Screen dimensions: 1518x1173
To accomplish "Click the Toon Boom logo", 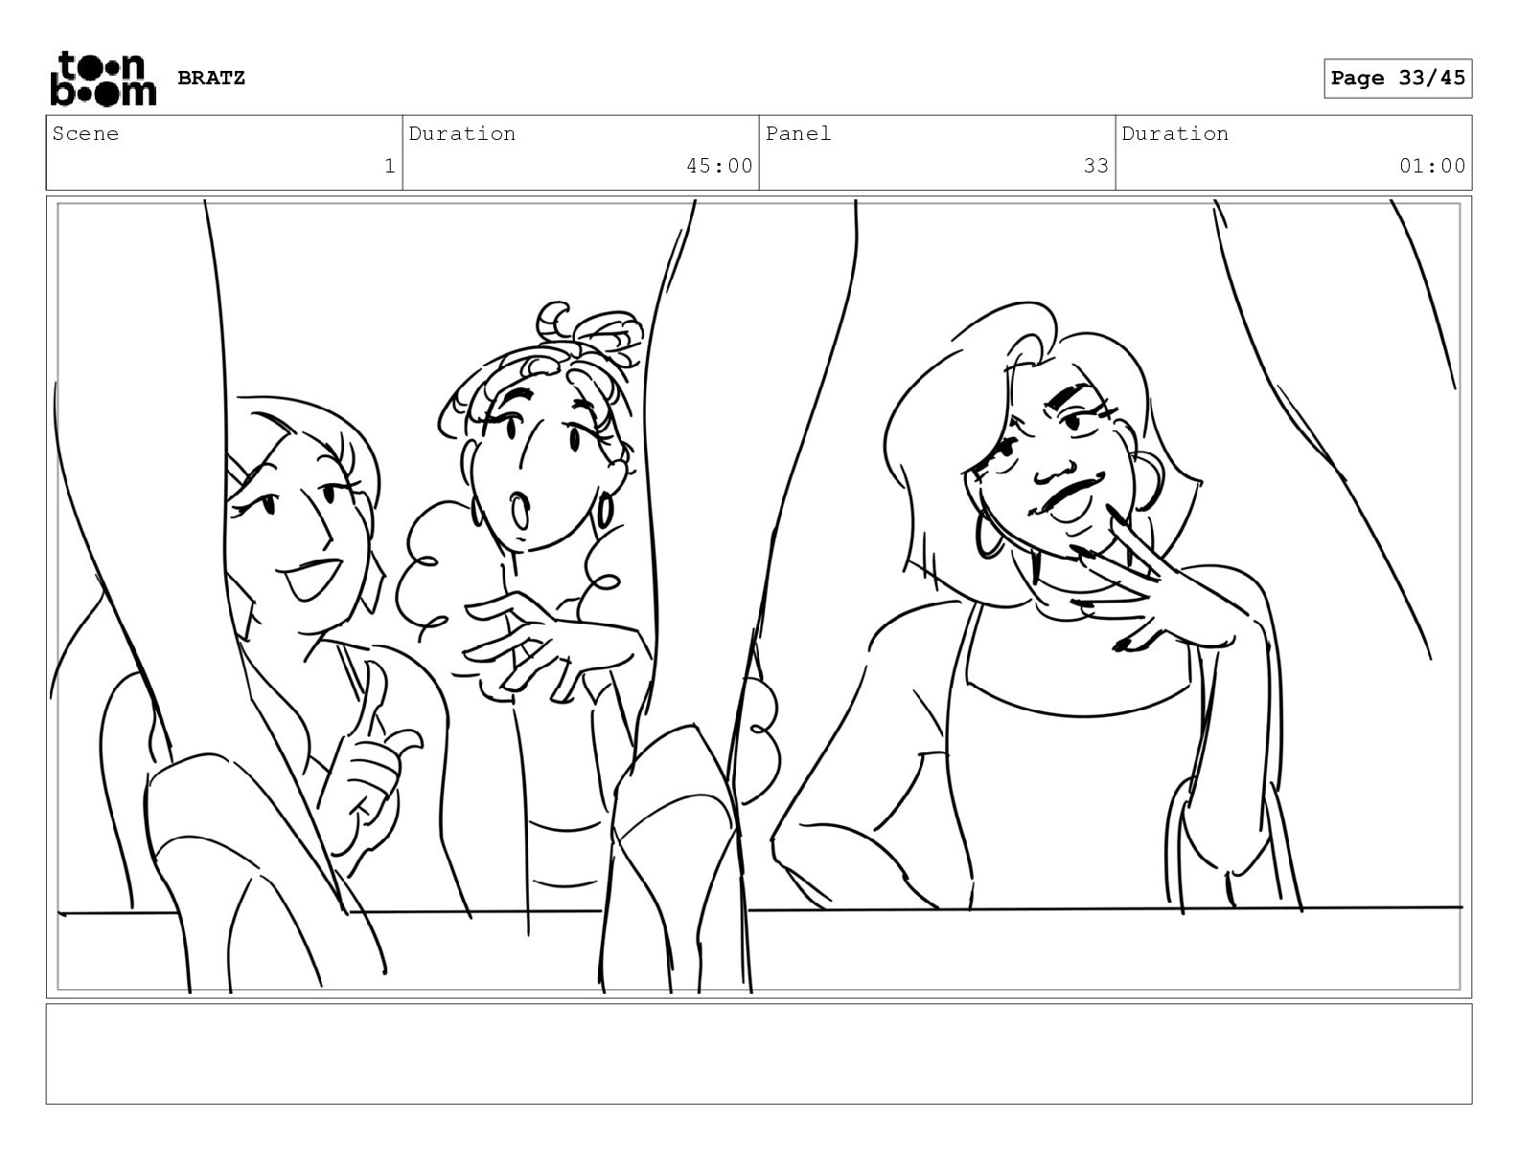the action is (103, 79).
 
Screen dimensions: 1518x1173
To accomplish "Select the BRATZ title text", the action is (211, 78).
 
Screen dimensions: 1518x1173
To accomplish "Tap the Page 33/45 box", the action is (1398, 79).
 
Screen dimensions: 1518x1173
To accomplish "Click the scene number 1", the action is (390, 166).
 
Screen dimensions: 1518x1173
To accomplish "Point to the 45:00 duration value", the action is (719, 166).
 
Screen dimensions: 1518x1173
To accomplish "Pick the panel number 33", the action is (1095, 166).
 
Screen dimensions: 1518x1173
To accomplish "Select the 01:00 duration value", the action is (1432, 166).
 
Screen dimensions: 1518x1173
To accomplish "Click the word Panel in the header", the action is (798, 133).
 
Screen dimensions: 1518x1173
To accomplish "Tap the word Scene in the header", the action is (85, 133).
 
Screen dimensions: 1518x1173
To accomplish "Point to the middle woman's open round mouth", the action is (519, 511).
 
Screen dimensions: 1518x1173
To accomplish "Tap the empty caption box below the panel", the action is (759, 1053).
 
